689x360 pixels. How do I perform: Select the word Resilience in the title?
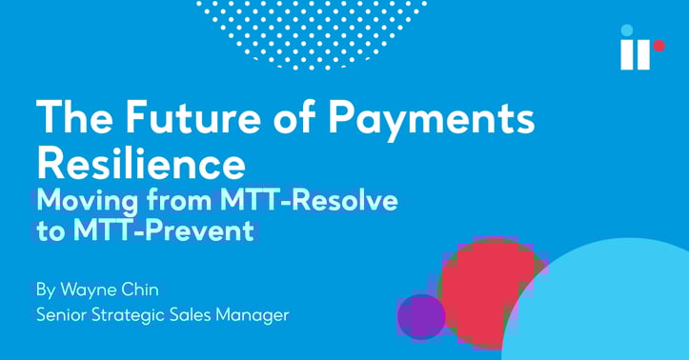(140, 164)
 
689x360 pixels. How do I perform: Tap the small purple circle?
(421, 316)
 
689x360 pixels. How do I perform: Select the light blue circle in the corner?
(610, 305)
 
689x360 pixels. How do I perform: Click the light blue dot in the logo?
(626, 30)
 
